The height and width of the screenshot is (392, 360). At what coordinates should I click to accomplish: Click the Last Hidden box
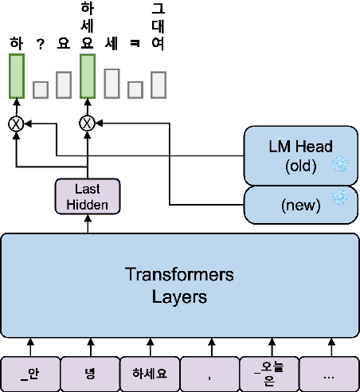pyautogui.click(x=88, y=196)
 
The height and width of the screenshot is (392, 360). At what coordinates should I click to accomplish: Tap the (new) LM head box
pyautogui.click(x=299, y=205)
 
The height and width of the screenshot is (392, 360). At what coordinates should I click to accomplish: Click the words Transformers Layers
pyautogui.click(x=179, y=286)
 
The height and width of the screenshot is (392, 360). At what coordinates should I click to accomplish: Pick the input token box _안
pyautogui.click(x=30, y=371)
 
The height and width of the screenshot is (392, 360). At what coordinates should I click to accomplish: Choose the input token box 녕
pyautogui.click(x=89, y=371)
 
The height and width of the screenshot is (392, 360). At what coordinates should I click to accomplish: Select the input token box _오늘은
pyautogui.click(x=269, y=371)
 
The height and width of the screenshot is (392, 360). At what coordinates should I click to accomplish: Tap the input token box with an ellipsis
pyautogui.click(x=329, y=371)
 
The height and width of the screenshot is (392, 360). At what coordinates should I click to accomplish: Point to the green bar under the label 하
pyautogui.click(x=17, y=77)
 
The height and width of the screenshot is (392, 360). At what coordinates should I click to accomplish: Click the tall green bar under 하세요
pyautogui.click(x=88, y=77)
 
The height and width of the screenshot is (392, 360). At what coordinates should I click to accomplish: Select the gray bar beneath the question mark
pyautogui.click(x=41, y=88)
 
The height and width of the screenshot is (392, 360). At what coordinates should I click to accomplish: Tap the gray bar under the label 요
pyautogui.click(x=64, y=84)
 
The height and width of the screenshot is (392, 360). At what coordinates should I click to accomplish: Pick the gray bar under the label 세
pyautogui.click(x=112, y=83)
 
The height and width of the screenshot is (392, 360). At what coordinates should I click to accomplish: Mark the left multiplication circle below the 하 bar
pyautogui.click(x=15, y=123)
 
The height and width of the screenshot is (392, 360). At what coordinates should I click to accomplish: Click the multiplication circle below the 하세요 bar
pyautogui.click(x=88, y=123)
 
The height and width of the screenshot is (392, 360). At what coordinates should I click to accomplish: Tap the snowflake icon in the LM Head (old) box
pyautogui.click(x=340, y=163)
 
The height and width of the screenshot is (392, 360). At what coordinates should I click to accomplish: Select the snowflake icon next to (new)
pyautogui.click(x=340, y=197)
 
